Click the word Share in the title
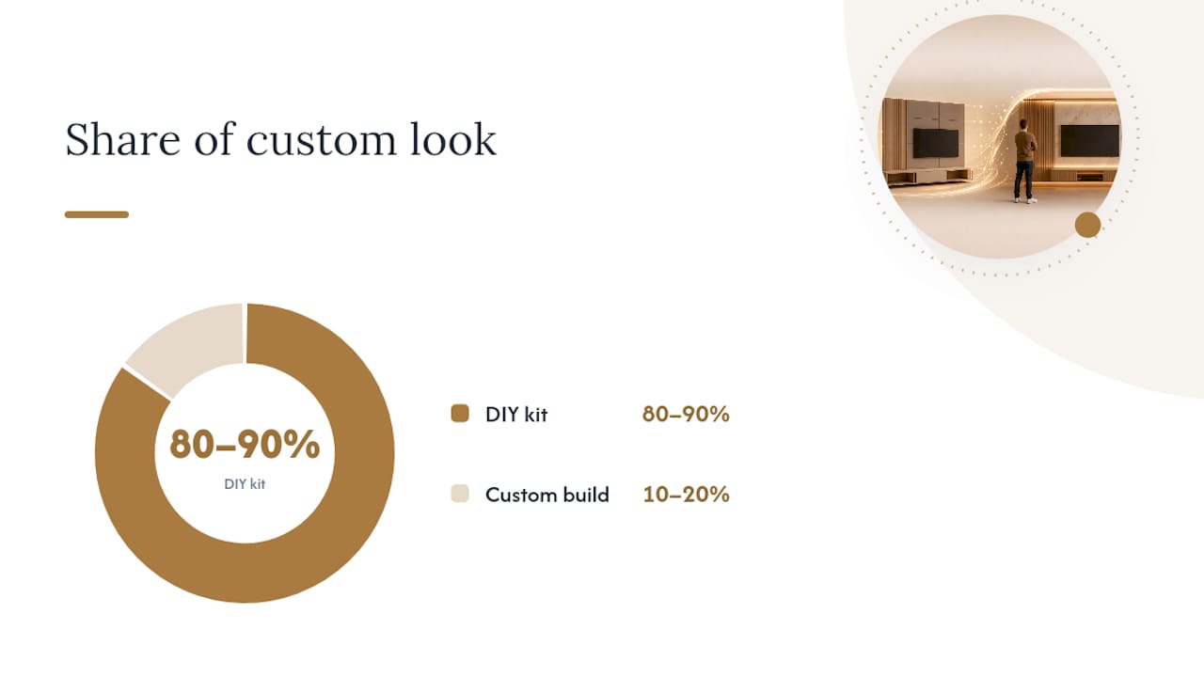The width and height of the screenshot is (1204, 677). pos(122,139)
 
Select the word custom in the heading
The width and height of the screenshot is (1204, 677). pos(321,140)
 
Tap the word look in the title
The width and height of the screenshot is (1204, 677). pos(453,139)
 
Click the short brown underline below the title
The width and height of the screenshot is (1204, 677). pos(97,214)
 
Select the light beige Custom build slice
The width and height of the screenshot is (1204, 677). pos(188,344)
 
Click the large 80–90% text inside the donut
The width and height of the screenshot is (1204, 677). pos(245,445)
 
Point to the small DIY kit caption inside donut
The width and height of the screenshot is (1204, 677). pos(245,484)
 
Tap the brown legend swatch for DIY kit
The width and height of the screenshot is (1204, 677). pos(460,414)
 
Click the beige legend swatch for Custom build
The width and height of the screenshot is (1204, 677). pos(460,494)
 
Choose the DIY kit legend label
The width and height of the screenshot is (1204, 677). pos(516,415)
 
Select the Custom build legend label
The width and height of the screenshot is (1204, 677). pos(547,495)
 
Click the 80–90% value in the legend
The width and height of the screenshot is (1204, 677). pos(686,414)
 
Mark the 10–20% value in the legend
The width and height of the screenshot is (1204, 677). pos(686,494)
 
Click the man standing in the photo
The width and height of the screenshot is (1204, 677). pos(1025,161)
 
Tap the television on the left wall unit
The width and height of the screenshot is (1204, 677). pos(936,143)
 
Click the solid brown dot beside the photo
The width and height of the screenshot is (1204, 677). pos(1088,225)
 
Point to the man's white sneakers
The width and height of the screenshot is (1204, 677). pos(1025,200)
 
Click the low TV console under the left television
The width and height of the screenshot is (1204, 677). pos(928,176)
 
